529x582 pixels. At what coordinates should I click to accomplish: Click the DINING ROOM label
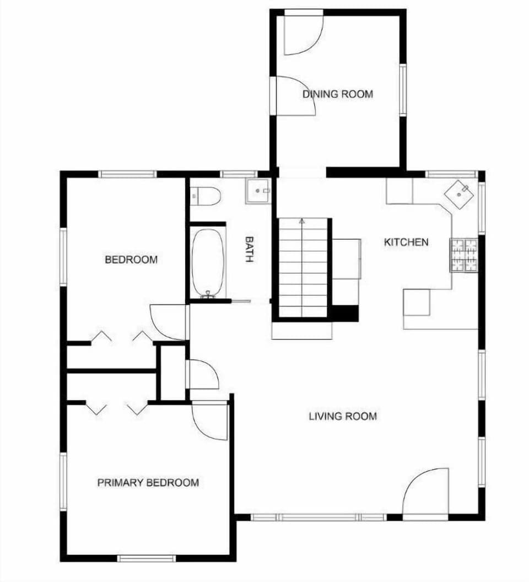click(337, 94)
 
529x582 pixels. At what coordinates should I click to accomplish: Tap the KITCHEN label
click(406, 242)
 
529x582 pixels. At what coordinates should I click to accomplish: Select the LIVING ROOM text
click(343, 416)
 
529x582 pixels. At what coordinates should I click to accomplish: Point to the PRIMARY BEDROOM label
click(148, 483)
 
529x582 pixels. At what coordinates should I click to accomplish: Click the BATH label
click(249, 250)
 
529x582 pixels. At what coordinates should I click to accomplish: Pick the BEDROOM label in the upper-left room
click(131, 259)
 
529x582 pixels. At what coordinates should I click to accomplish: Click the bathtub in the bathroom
click(208, 262)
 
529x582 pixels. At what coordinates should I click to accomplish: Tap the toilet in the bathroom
click(206, 195)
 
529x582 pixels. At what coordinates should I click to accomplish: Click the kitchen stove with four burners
click(464, 255)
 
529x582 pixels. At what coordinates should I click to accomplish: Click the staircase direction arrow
click(301, 222)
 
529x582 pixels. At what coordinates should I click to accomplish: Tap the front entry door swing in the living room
click(426, 493)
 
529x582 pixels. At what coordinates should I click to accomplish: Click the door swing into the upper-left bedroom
click(169, 322)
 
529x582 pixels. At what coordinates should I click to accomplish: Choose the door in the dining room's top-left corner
click(302, 34)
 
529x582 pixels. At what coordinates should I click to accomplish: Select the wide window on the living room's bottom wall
click(318, 517)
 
